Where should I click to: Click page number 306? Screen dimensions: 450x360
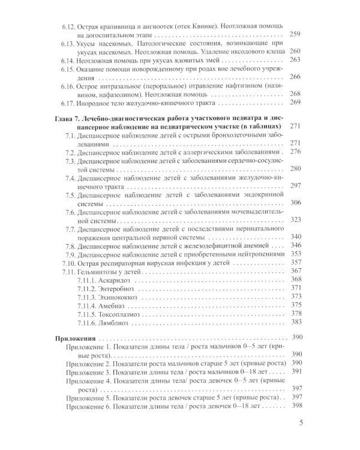295,203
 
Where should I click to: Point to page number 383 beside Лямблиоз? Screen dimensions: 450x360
295,322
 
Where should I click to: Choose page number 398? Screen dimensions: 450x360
295,407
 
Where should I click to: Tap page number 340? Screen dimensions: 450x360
295,237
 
